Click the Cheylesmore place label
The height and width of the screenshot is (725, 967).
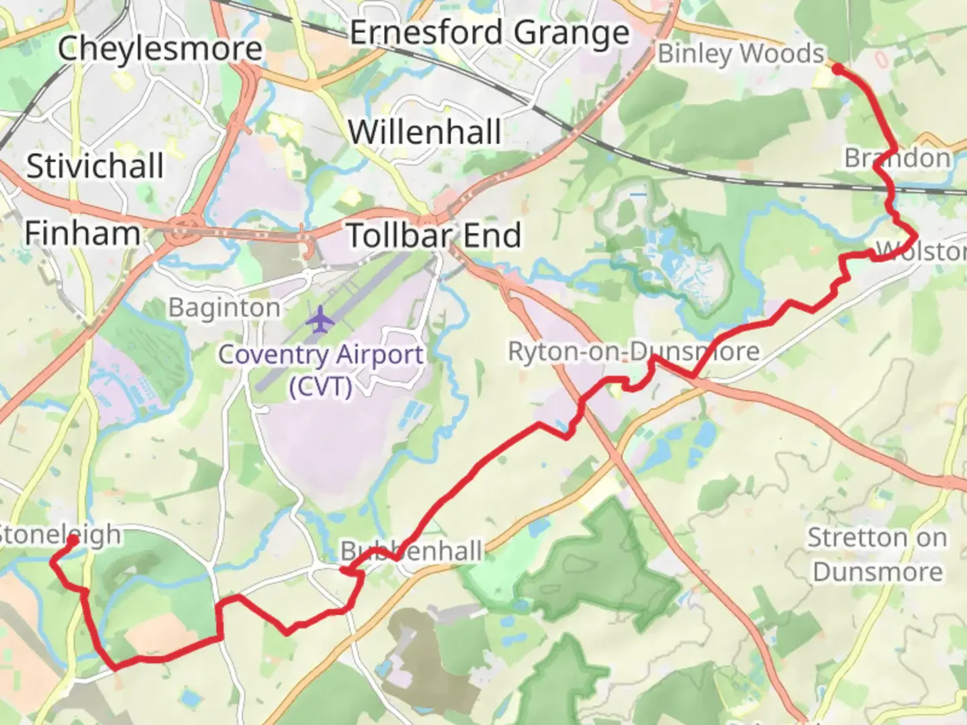(160, 48)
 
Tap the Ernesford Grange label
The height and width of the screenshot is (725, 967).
(490, 32)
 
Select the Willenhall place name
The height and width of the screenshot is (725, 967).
(425, 131)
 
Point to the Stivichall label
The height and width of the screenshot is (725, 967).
(95, 165)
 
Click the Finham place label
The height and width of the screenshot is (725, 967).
(82, 233)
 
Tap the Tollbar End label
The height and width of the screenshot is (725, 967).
(434, 235)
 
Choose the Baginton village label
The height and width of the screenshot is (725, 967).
(224, 307)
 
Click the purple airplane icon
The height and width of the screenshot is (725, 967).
(320, 319)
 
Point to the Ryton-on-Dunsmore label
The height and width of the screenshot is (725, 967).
(633, 350)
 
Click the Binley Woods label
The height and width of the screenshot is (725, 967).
(740, 53)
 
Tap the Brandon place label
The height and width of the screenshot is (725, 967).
(897, 158)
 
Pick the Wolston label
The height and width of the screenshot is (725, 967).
(921, 251)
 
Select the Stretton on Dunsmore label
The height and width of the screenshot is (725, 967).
(877, 554)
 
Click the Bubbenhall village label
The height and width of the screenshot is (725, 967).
(411, 551)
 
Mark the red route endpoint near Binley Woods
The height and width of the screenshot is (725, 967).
(837, 68)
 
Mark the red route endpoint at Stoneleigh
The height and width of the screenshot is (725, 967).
(73, 539)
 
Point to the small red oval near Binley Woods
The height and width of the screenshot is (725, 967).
(882, 60)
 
